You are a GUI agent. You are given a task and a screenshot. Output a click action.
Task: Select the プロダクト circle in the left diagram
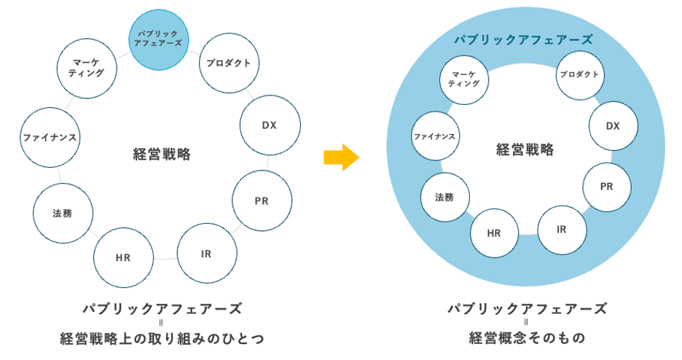[229, 63]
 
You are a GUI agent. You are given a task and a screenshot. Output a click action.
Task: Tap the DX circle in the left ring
[270, 124]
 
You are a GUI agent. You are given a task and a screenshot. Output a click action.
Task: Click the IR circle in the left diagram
[207, 254]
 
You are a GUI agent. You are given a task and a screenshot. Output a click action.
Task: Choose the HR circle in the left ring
[123, 258]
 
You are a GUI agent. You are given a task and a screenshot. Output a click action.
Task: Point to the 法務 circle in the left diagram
[63, 214]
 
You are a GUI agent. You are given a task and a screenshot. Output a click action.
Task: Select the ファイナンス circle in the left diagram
[50, 137]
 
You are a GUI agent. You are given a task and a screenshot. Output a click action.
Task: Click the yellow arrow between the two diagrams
[341, 155]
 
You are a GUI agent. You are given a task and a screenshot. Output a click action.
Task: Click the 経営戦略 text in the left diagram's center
[162, 154]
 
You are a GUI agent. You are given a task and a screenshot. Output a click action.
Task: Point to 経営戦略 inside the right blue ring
[525, 150]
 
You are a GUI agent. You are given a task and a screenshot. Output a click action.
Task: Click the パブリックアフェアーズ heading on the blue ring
[522, 39]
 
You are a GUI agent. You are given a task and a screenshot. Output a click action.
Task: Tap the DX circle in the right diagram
[613, 126]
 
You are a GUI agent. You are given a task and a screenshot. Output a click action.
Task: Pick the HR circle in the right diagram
[494, 233]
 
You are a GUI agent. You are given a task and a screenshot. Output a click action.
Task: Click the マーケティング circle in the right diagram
[463, 79]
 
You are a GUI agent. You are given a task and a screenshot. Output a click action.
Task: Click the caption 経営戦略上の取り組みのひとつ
[161, 338]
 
